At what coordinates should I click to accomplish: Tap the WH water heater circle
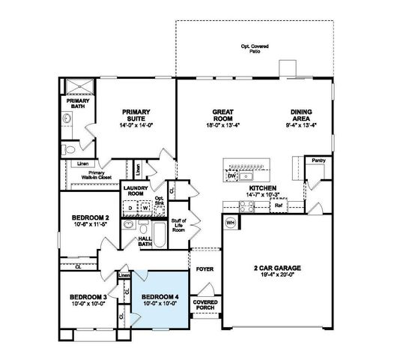[x=231, y=223]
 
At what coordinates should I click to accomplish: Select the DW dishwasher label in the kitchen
[x=231, y=175]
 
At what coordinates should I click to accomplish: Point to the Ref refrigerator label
[x=278, y=204]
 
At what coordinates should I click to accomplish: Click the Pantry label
[x=318, y=160]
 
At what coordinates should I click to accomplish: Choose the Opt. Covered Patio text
[x=256, y=48]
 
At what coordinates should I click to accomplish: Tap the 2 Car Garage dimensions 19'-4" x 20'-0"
[x=278, y=274]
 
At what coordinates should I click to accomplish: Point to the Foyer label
[x=204, y=267]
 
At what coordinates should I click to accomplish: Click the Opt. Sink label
[x=159, y=201]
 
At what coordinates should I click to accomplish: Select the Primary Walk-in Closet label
[x=97, y=175]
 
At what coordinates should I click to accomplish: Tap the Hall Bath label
[x=145, y=241]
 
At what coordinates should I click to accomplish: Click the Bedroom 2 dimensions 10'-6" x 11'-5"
[x=91, y=224]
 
